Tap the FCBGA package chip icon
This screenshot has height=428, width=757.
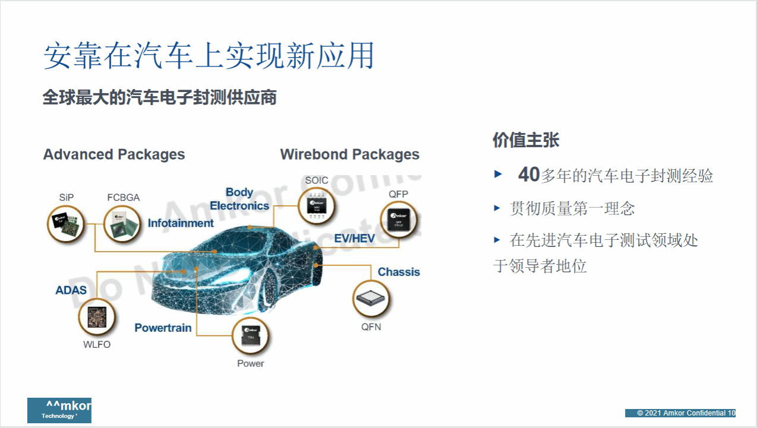point(123,224)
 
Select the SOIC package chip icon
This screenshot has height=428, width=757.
point(317,206)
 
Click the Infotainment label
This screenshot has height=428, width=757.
point(181,223)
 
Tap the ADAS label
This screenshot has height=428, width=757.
point(71,290)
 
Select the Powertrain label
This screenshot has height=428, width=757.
point(163,328)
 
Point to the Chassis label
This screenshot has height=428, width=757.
point(399,272)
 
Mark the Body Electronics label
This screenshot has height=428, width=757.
point(239,199)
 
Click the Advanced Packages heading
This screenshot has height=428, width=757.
point(114,155)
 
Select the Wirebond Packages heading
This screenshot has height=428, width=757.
point(350,155)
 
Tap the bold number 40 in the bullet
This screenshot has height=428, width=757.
point(528,175)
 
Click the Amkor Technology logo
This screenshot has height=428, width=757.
point(59,410)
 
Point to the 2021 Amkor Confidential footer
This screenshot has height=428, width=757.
point(680,413)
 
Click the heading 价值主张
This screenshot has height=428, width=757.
point(526,140)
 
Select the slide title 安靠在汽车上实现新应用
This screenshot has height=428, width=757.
point(209,56)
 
